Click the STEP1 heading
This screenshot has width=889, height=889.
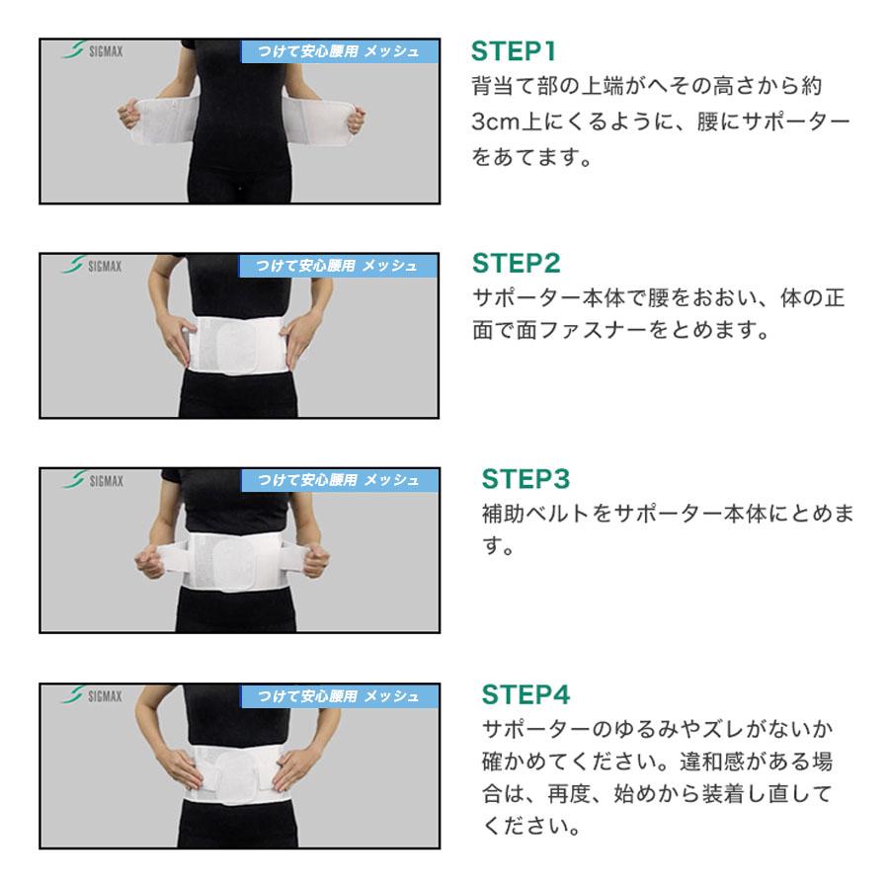(x=513, y=51)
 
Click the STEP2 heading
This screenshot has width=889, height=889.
(x=516, y=263)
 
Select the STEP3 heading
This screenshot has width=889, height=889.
(x=525, y=478)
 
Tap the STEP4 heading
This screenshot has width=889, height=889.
(x=525, y=694)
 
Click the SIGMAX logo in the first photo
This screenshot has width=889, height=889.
(x=92, y=50)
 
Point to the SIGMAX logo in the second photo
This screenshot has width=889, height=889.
(x=91, y=266)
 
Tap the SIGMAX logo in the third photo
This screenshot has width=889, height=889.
(x=93, y=480)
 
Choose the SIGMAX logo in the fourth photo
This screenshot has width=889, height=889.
(x=91, y=695)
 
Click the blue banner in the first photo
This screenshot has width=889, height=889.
(x=340, y=51)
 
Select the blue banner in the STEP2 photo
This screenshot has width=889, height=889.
(x=338, y=266)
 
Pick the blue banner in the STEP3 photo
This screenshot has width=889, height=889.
(x=340, y=480)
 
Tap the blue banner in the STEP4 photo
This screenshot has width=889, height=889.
(x=340, y=696)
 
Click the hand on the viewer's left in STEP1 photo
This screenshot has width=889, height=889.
(x=129, y=116)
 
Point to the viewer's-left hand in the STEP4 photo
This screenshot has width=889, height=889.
(x=182, y=766)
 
